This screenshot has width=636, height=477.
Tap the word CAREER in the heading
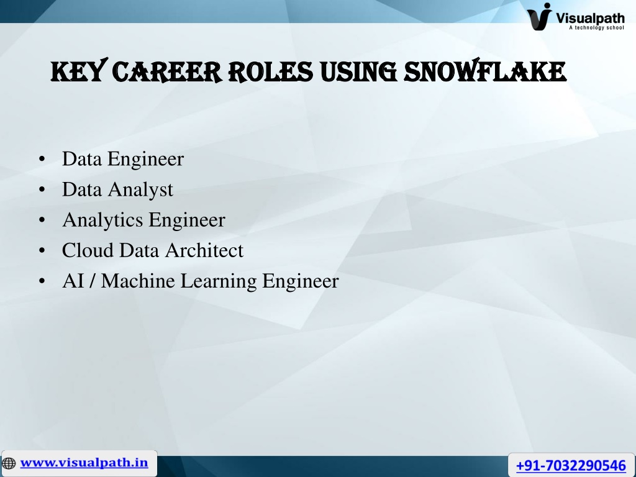click(x=167, y=72)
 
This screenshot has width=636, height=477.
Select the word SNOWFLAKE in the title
click(x=484, y=71)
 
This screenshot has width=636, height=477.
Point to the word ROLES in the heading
click(x=271, y=72)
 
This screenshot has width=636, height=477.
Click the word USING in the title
click(x=358, y=72)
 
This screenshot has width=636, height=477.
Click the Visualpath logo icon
click(x=540, y=16)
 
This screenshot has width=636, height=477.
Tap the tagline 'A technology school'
click(x=596, y=27)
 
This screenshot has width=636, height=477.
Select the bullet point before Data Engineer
click(x=42, y=159)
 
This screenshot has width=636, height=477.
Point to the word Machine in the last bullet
click(x=138, y=281)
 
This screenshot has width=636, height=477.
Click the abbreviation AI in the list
click(x=73, y=281)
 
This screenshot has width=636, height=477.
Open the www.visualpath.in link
click(x=84, y=463)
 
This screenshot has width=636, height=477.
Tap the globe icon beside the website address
click(x=9, y=463)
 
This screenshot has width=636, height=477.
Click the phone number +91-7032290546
click(x=571, y=465)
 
